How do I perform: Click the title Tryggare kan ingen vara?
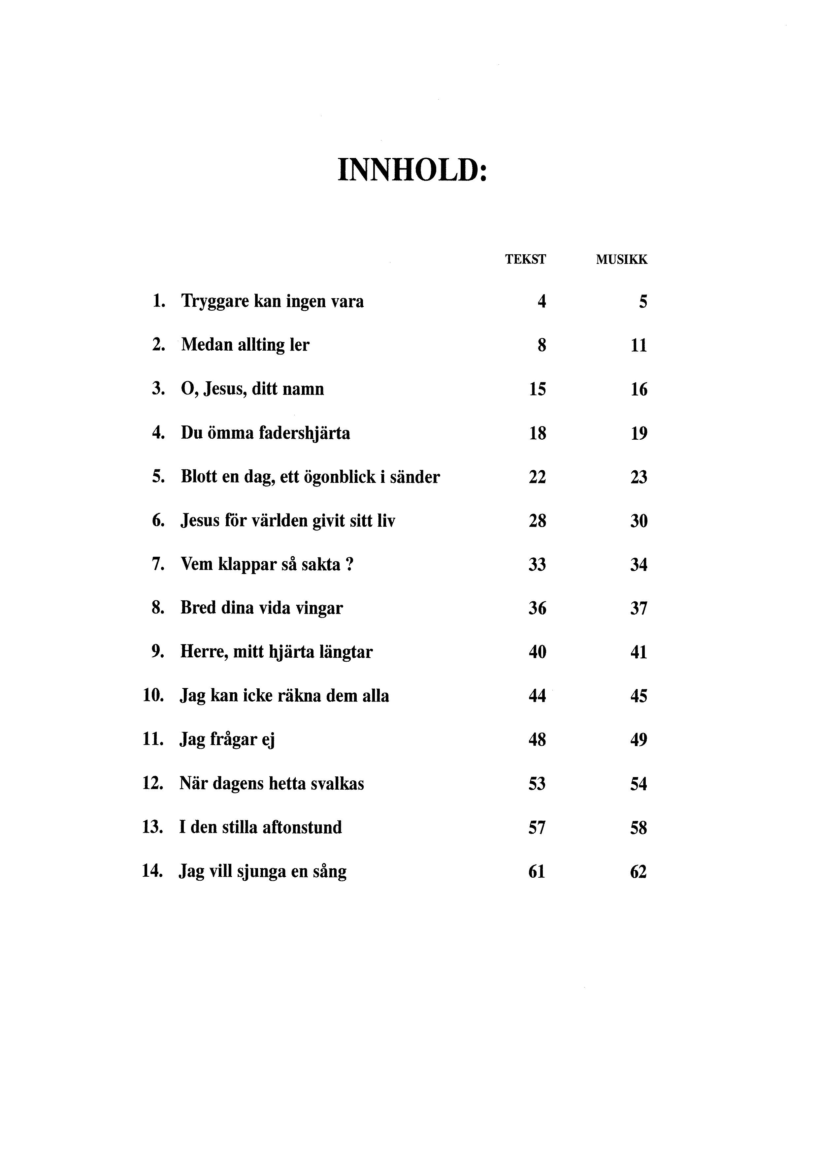point(272,302)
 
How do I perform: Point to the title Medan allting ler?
point(245,345)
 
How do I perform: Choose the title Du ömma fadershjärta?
point(265,433)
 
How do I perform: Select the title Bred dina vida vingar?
point(262,608)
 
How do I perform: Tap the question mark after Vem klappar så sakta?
point(349,564)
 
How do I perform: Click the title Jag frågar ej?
point(227,740)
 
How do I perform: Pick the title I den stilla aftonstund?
point(260,828)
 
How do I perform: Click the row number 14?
point(152,871)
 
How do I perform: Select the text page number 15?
point(537,389)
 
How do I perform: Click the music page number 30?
point(639,521)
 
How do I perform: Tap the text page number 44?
point(537,696)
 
